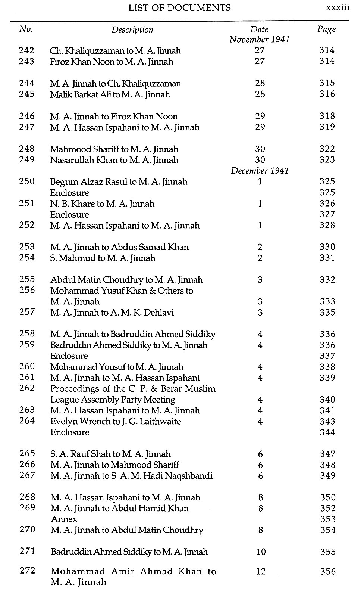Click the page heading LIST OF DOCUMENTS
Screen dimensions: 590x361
tap(179, 7)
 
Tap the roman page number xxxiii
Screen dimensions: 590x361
tap(338, 7)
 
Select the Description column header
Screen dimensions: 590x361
tap(132, 30)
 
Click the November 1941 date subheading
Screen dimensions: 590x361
tap(260, 39)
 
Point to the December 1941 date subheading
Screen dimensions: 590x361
tap(260, 171)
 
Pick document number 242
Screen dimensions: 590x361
tap(26, 50)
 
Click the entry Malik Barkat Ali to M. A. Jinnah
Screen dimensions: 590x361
tap(110, 94)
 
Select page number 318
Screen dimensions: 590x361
tap(327, 116)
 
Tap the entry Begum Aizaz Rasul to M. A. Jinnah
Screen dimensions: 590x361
tap(119, 182)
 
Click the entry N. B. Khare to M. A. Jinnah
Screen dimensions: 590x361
tap(102, 204)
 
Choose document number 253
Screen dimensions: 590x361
tap(26, 247)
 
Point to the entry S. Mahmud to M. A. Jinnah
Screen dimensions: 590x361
tap(103, 258)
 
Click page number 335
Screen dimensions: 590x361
tap(327, 312)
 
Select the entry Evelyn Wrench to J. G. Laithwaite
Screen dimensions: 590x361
tap(115, 422)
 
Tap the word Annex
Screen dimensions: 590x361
tap(64, 519)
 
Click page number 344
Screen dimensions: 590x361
tap(327, 432)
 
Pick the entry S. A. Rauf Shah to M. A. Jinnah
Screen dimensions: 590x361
tap(110, 454)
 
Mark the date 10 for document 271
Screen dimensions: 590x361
tap(261, 552)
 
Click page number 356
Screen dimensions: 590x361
tap(327, 571)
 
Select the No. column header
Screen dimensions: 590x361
tap(26, 29)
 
